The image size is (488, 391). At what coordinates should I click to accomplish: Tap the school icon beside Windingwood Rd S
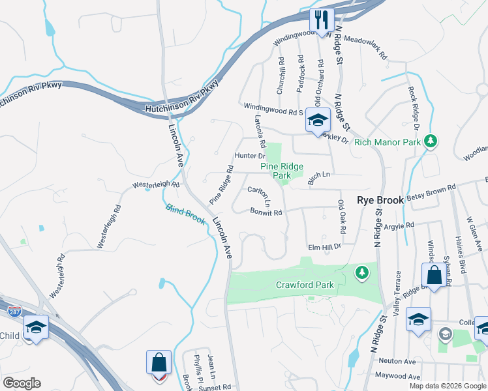(318, 121)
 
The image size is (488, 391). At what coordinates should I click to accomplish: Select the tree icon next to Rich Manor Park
(430, 141)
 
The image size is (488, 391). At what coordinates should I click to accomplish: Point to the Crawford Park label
(305, 285)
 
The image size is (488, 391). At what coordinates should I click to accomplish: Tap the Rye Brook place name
(380, 201)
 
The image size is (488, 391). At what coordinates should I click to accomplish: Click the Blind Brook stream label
(185, 214)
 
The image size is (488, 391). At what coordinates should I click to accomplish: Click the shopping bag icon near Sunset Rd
(159, 362)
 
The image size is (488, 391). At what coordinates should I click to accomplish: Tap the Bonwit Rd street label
(266, 212)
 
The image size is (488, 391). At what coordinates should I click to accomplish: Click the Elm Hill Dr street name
(325, 247)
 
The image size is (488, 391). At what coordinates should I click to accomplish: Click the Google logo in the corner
(22, 383)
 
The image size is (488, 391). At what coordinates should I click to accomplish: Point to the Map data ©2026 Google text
(447, 386)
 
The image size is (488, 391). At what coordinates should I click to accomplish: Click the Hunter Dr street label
(249, 156)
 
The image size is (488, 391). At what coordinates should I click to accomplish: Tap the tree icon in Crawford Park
(359, 271)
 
